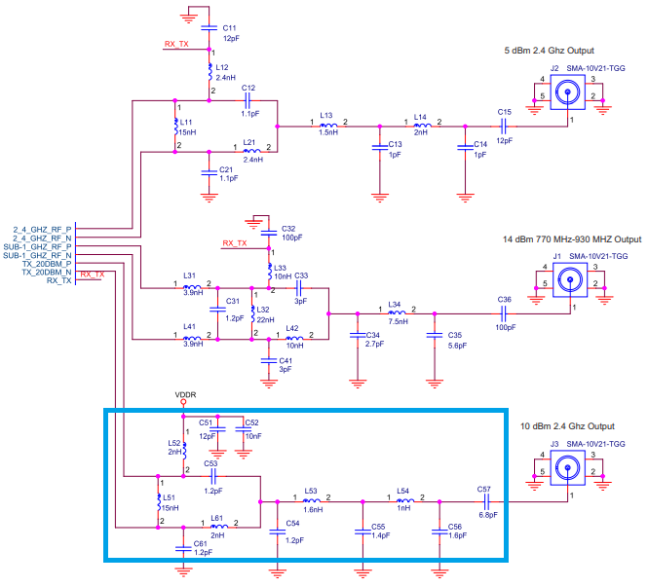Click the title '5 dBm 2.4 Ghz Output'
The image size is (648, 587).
click(549, 50)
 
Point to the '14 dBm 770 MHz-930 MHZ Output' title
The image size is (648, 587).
click(572, 239)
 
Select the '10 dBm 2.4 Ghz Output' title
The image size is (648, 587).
click(567, 426)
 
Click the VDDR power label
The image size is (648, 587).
click(185, 395)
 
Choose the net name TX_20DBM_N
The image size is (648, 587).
click(46, 273)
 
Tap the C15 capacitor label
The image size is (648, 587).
click(504, 112)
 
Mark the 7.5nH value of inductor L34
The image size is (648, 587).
click(398, 321)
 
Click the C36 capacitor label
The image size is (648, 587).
click(504, 299)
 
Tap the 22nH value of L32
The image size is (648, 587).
click(265, 319)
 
